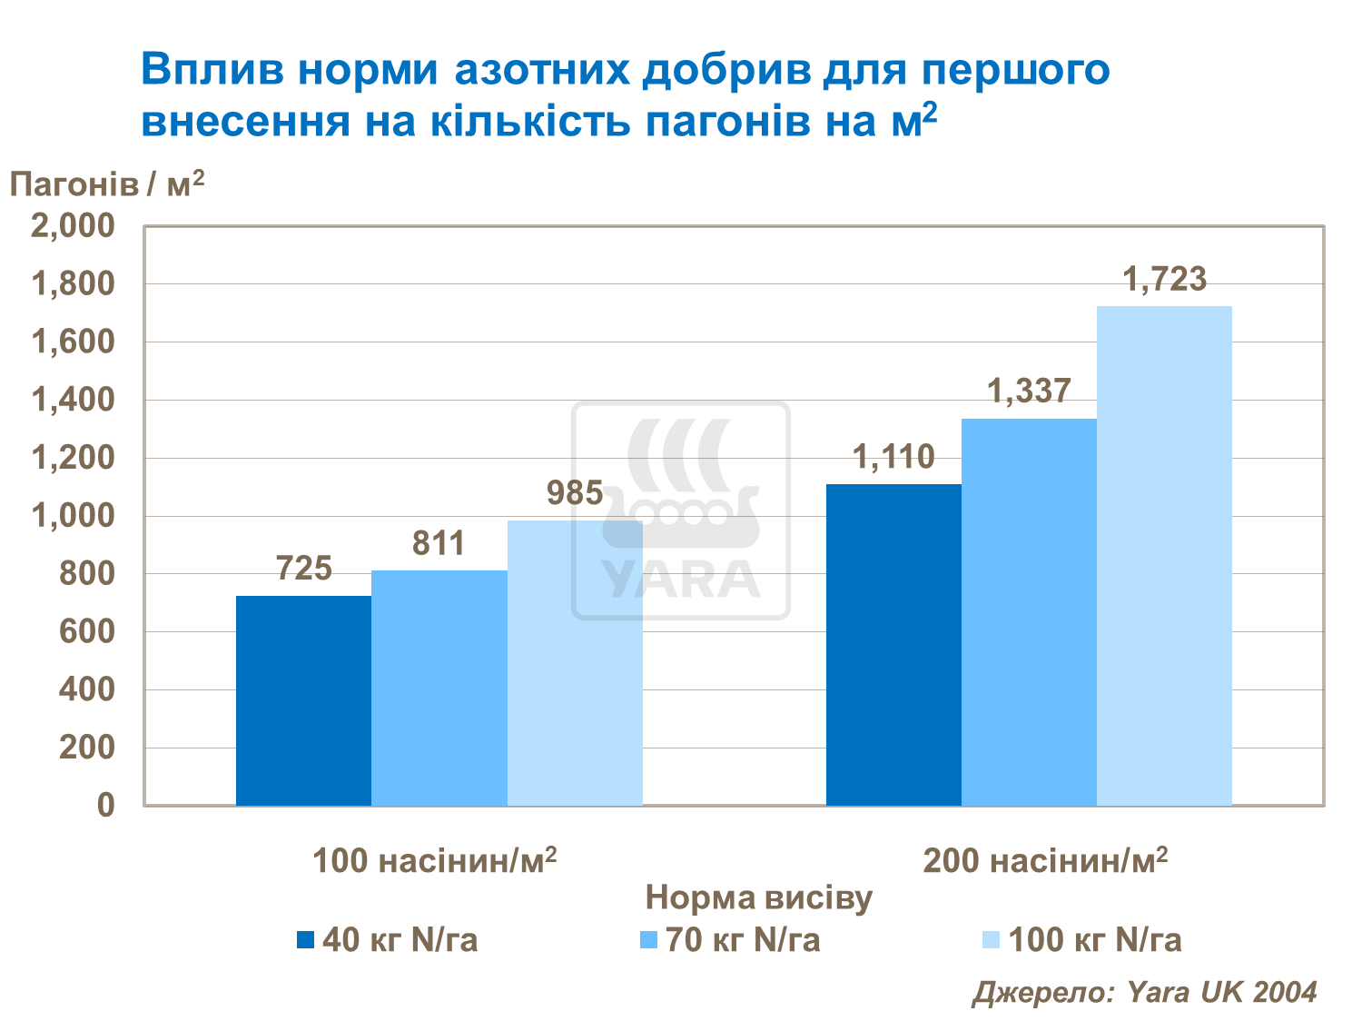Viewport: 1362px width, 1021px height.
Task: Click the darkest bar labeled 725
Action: click(x=303, y=700)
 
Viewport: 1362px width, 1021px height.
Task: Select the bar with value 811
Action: click(x=439, y=688)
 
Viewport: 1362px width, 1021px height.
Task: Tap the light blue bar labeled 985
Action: click(x=575, y=663)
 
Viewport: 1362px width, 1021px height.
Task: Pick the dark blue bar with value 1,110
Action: click(x=893, y=645)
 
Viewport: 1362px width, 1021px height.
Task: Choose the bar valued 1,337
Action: click(x=1029, y=611)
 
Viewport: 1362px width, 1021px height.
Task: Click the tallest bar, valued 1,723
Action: click(x=1164, y=555)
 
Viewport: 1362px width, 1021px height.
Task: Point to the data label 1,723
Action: click(x=1164, y=279)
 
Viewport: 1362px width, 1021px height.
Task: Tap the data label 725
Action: click(x=303, y=569)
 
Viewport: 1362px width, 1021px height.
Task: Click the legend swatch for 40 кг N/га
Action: click(x=305, y=940)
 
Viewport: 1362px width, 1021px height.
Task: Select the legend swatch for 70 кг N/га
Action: click(x=648, y=940)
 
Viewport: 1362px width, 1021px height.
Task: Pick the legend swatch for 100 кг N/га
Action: click(x=991, y=940)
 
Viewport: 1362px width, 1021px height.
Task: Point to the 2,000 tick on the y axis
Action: click(x=74, y=226)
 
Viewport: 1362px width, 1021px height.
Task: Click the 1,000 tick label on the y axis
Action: click(x=74, y=516)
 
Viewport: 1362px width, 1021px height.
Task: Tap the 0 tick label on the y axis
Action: click(x=105, y=805)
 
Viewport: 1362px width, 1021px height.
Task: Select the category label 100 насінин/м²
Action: click(x=434, y=860)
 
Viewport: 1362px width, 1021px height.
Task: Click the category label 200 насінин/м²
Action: click(x=1045, y=860)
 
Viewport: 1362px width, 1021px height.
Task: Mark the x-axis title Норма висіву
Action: click(x=758, y=898)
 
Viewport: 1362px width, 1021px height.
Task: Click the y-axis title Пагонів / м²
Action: click(x=107, y=184)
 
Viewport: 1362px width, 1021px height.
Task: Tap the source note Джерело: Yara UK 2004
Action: click(x=1144, y=992)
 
